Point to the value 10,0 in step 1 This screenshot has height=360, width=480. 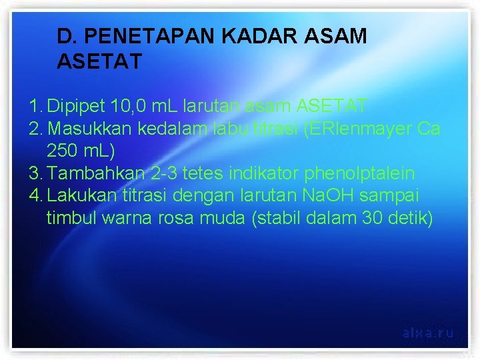[130, 105]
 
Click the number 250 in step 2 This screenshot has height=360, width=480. [61, 151]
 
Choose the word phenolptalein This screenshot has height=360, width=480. [359, 173]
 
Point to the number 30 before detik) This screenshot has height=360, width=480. [369, 219]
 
